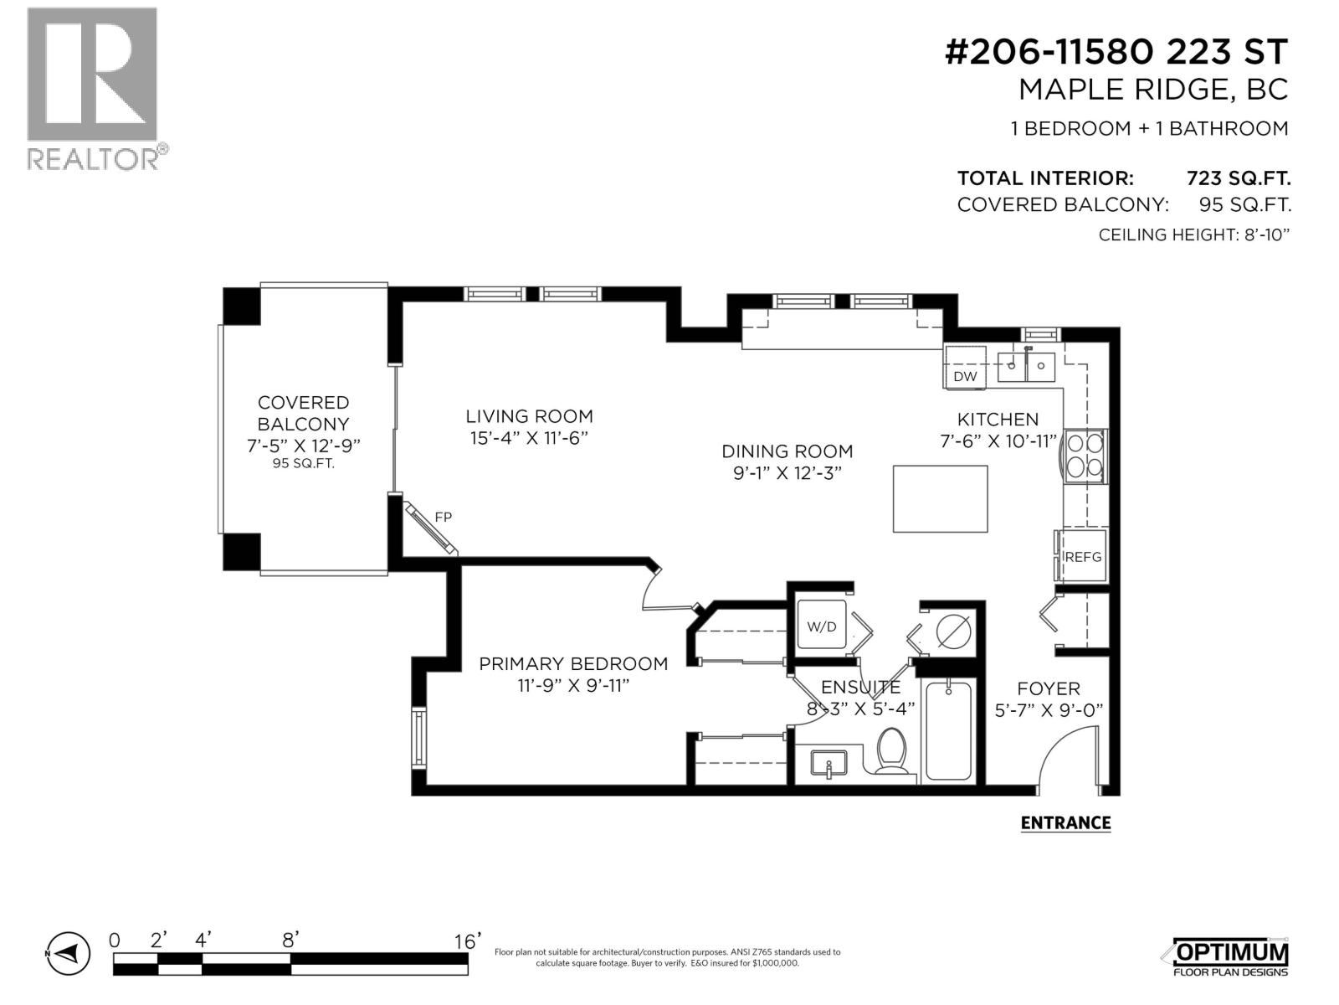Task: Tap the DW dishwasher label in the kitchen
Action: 965,376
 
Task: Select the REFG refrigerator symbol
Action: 1083,556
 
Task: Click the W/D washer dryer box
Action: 822,625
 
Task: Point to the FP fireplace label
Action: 443,518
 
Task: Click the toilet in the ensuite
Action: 890,750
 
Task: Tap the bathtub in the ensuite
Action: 949,731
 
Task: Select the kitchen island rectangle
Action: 940,498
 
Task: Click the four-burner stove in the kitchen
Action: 1085,456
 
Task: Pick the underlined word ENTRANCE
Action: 1065,822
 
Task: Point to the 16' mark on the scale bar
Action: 467,941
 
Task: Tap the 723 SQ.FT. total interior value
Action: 1238,178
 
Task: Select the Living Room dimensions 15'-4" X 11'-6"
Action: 529,437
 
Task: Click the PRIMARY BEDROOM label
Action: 573,664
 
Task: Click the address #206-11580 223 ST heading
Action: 1116,53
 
